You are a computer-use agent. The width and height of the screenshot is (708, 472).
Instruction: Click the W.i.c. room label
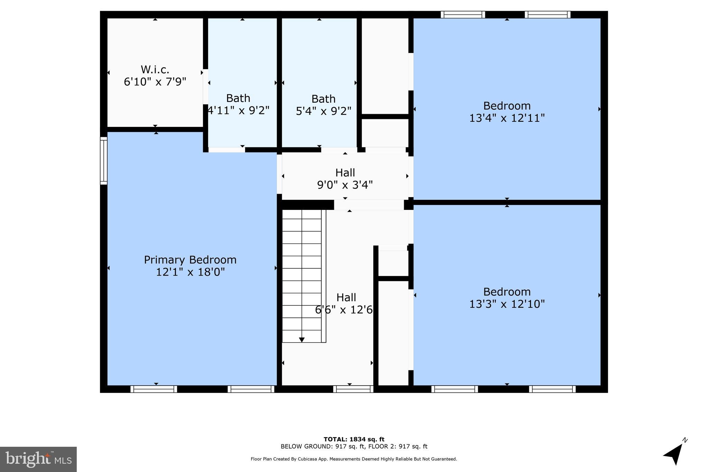click(x=155, y=70)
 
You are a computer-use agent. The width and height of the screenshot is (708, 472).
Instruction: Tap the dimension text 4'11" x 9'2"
click(x=239, y=110)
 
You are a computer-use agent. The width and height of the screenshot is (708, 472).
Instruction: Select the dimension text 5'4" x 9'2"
click(x=324, y=111)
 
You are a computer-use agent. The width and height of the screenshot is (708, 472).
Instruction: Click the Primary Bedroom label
click(x=190, y=260)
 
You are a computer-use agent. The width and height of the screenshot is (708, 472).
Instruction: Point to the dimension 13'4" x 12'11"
click(x=507, y=118)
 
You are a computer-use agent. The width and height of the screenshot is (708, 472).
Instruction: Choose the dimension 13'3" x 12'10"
click(x=507, y=304)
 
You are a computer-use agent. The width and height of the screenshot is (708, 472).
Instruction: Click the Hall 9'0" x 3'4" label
click(x=345, y=173)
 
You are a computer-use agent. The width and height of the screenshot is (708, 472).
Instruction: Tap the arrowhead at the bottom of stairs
click(x=302, y=340)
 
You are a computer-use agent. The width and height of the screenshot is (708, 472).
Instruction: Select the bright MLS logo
click(x=38, y=459)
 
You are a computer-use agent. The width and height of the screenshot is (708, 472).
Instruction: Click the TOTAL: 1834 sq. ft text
click(x=354, y=439)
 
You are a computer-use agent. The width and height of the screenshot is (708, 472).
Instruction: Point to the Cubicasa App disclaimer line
click(x=354, y=459)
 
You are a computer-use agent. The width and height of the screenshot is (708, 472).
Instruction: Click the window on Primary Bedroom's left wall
click(x=104, y=160)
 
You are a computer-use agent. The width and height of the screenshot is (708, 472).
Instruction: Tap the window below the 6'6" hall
click(x=353, y=389)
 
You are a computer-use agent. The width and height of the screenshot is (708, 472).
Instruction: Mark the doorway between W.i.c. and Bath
click(x=205, y=86)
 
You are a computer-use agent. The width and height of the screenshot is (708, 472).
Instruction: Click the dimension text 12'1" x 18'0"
click(x=190, y=272)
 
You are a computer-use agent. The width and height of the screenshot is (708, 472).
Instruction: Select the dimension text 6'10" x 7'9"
click(x=155, y=82)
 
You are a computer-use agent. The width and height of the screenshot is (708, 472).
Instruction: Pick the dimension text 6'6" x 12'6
click(x=344, y=309)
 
